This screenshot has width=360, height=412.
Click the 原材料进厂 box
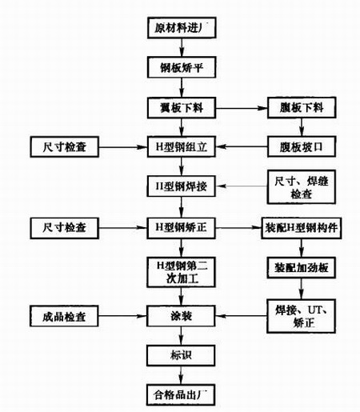pos(181,29)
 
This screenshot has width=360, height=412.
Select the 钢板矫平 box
pos(181,68)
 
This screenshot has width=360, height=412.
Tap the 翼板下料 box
pos(181,106)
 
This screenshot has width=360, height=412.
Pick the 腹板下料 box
pos(297,106)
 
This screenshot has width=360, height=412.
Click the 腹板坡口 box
pos(297,146)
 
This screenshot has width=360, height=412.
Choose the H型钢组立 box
pos(181,146)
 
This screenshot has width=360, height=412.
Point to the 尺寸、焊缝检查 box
pos(297,187)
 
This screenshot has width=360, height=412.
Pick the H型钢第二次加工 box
pos(181,272)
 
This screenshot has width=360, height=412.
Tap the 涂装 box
pos(181,317)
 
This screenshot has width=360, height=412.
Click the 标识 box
pos(181,355)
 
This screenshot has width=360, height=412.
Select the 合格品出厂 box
pos(181,394)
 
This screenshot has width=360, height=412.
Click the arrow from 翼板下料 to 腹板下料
pos(240,106)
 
